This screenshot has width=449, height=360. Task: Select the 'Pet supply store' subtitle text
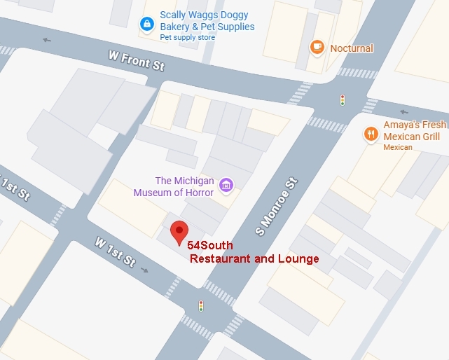[x=188, y=37]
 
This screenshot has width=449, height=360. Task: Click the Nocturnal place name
[x=352, y=48]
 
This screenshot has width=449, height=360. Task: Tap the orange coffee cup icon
[x=317, y=47]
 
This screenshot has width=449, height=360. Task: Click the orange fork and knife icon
[x=370, y=134]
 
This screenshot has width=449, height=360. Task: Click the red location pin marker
[x=180, y=231]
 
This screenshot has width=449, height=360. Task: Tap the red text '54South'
[x=209, y=244]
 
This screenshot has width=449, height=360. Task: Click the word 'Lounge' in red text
[x=297, y=258]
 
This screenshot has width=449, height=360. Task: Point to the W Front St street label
[x=136, y=60]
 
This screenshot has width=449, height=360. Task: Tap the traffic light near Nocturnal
[x=342, y=100]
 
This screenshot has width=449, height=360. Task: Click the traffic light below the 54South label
[x=201, y=306]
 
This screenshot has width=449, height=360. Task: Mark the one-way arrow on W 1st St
[x=144, y=270]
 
